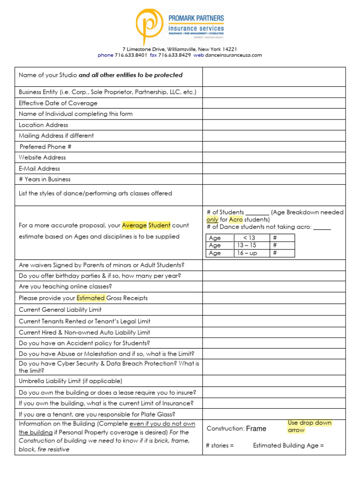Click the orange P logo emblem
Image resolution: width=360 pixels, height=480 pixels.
coord(150,27)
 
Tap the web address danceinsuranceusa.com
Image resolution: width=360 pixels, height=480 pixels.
coord(233,55)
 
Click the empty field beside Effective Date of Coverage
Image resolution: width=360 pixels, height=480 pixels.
coord(274,103)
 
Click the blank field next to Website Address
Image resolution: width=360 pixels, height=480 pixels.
coord(274,157)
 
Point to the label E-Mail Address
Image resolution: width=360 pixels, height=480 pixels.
coord(39,169)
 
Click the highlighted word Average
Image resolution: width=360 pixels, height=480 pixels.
coord(134,225)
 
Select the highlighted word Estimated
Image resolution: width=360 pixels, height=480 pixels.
coord(90,298)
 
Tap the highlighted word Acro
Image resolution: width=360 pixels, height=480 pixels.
coord(236,219)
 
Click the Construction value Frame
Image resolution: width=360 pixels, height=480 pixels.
coord(256,428)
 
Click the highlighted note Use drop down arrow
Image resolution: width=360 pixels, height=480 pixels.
coord(309,426)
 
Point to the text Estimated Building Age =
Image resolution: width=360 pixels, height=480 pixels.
coord(288,445)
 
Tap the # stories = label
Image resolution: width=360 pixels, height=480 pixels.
coord(220,445)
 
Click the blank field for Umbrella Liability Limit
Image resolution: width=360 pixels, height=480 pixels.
coord(274,381)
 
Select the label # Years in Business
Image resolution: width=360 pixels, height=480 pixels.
coord(45,180)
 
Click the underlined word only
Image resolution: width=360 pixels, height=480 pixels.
coord(212,219)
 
